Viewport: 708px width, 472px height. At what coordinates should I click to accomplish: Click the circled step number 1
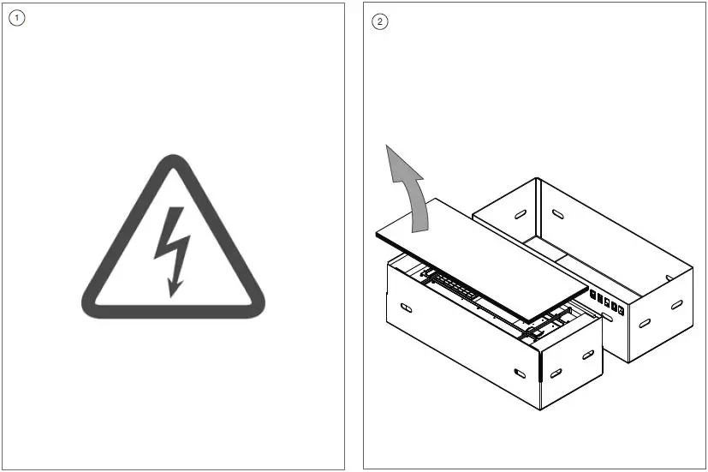click(x=16, y=18)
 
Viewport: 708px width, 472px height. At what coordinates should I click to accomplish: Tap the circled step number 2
click(x=380, y=21)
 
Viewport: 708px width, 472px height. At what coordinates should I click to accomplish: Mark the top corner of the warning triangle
click(x=173, y=160)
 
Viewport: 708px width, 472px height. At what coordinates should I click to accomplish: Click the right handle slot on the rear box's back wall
click(x=557, y=212)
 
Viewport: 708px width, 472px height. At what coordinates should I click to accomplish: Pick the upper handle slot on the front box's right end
click(x=588, y=355)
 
